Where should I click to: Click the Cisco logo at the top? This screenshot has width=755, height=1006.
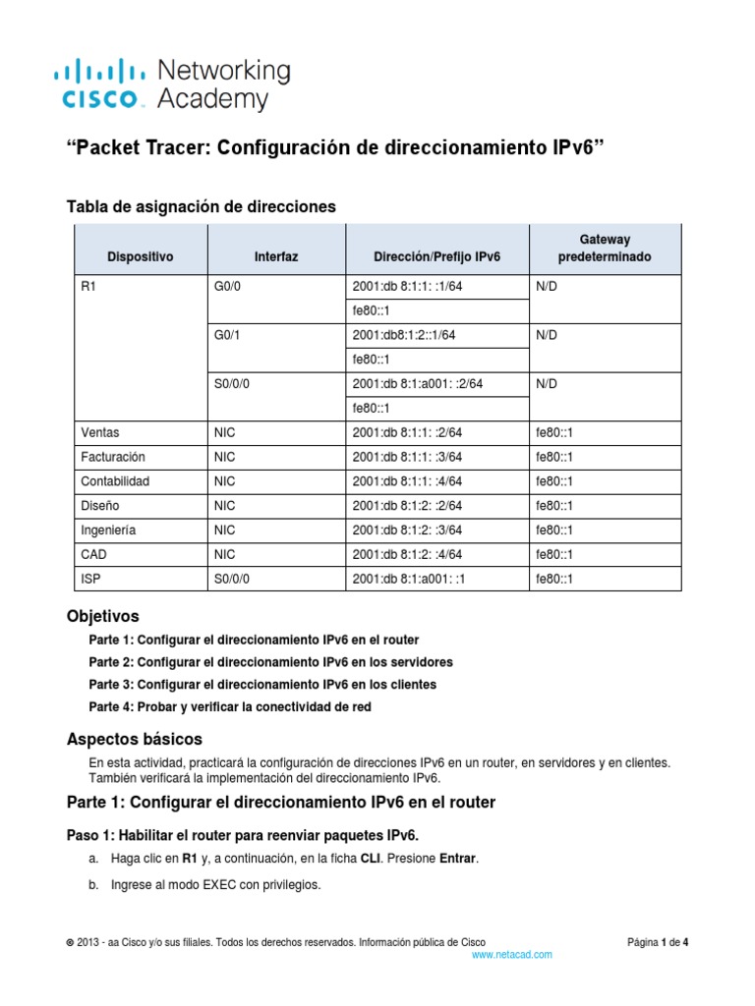[x=172, y=84]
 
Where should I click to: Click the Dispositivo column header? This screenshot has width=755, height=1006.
[x=140, y=256]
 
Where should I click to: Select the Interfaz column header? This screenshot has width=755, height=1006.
[x=276, y=256]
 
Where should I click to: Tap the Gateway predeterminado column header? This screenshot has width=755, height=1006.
[x=605, y=248]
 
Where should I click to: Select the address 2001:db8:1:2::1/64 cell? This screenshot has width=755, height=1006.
[x=404, y=335]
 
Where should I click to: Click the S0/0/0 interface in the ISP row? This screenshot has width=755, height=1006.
[x=232, y=579]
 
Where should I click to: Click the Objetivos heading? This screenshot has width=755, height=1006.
[x=102, y=617]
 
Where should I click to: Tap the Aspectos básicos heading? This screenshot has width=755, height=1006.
[x=136, y=738]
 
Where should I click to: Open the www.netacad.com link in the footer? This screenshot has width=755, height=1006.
[x=512, y=954]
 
